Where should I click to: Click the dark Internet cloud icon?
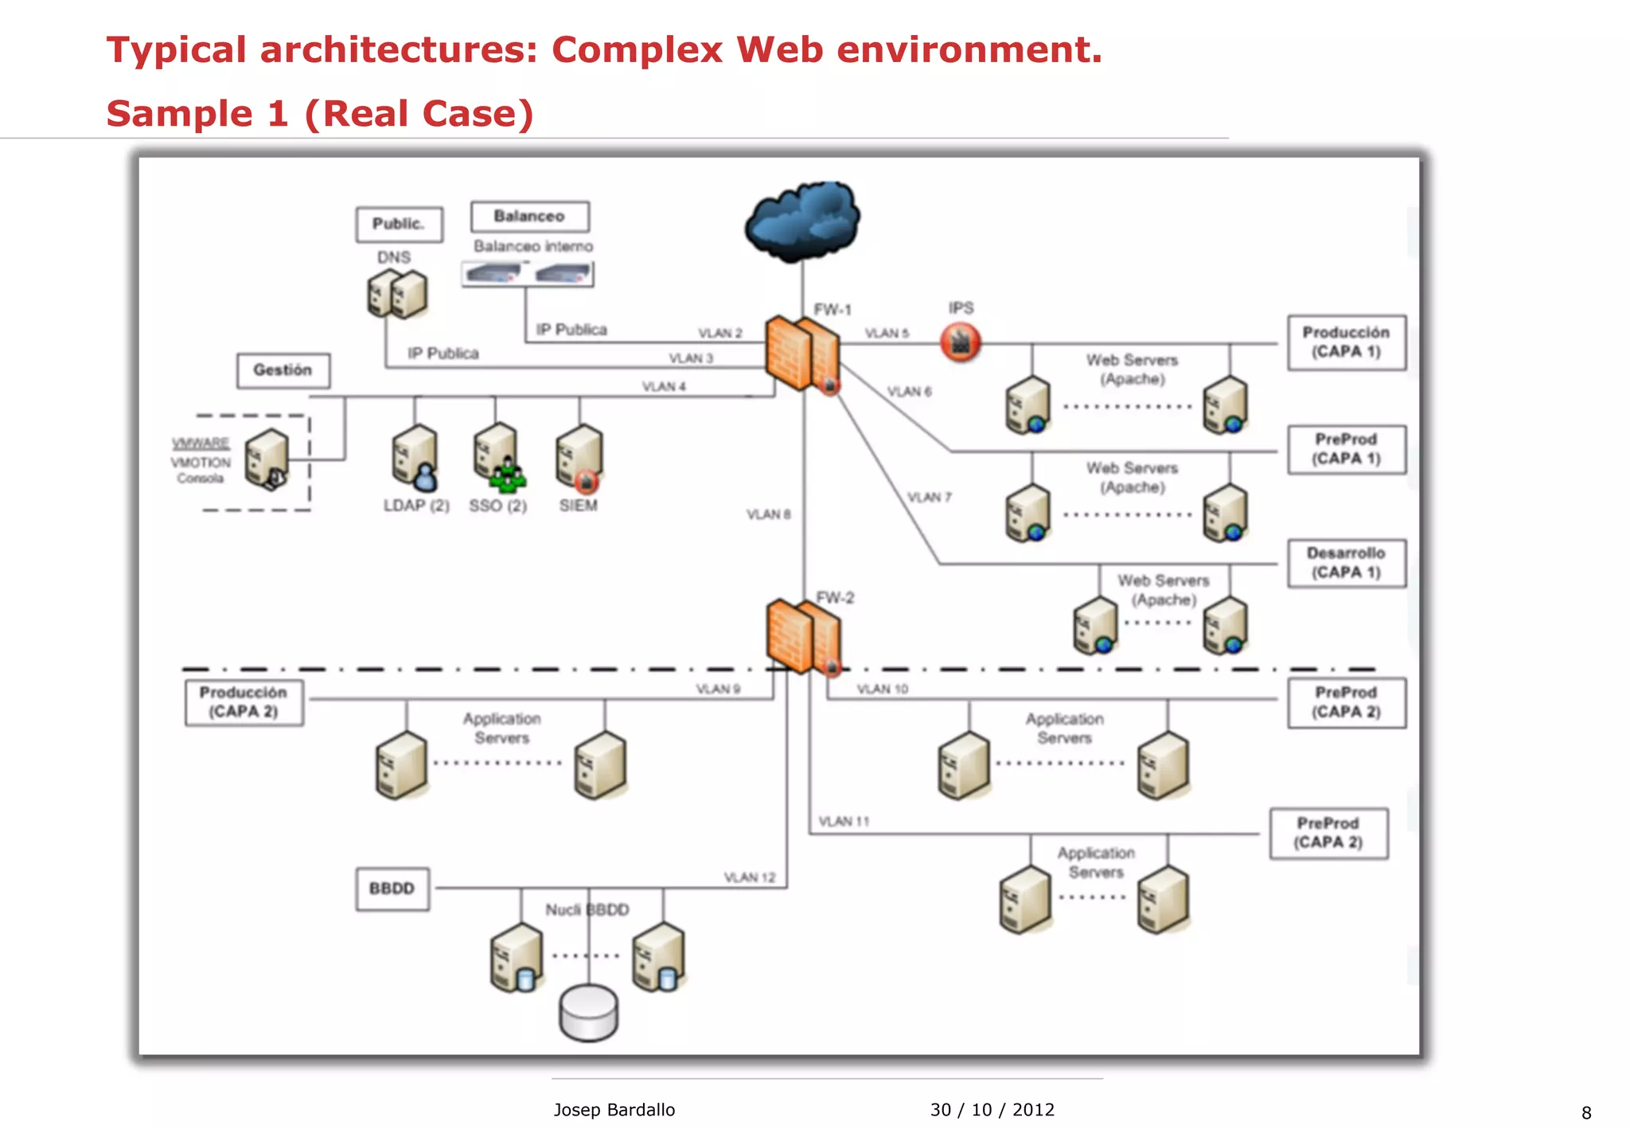point(802,220)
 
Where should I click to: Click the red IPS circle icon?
point(961,342)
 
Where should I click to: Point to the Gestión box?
point(283,370)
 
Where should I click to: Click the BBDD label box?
point(392,889)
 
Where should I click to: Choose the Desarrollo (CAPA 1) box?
point(1346,563)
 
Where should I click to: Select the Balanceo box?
point(529,217)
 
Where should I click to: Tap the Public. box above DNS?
point(399,224)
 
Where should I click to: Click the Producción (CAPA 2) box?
point(244,702)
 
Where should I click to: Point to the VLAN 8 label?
point(768,514)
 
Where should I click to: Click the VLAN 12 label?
point(749,877)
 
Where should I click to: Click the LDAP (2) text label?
point(416,506)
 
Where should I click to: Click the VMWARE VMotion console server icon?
point(267,459)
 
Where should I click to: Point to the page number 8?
point(1585,1113)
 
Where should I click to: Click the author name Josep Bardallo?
point(614,1110)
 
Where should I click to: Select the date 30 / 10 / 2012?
point(992,1110)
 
